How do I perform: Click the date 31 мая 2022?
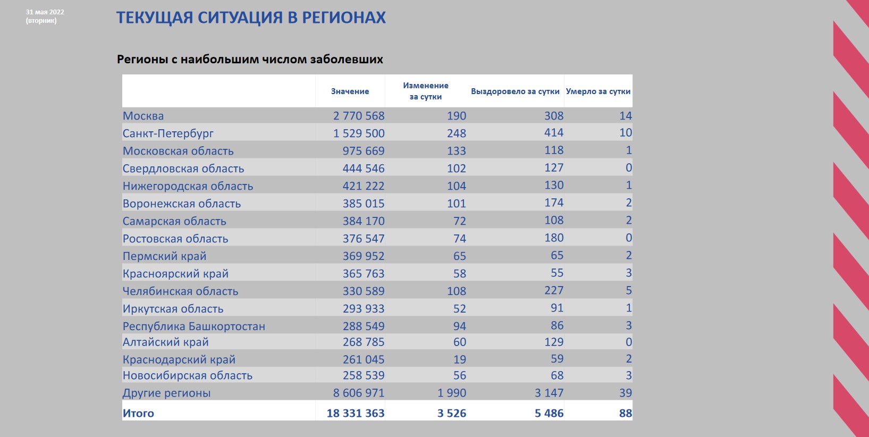pyautogui.click(x=45, y=12)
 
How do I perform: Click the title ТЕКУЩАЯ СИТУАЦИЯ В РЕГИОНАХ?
pyautogui.click(x=251, y=18)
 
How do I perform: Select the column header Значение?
pyautogui.click(x=350, y=91)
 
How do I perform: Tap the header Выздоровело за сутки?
pyautogui.click(x=515, y=91)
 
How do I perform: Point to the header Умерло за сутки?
pyautogui.click(x=598, y=91)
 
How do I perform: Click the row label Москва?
pyautogui.click(x=143, y=116)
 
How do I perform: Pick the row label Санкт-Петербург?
pyautogui.click(x=168, y=133)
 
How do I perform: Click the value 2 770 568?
pyautogui.click(x=359, y=116)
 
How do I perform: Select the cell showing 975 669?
pyautogui.click(x=364, y=150)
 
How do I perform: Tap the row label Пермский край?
pyautogui.click(x=164, y=256)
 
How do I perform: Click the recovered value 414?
pyautogui.click(x=554, y=133)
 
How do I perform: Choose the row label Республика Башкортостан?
pyautogui.click(x=194, y=326)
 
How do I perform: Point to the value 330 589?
pyautogui.click(x=364, y=291)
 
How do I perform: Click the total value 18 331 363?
pyautogui.click(x=356, y=413)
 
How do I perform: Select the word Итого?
pyautogui.click(x=138, y=413)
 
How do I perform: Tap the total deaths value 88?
pyautogui.click(x=626, y=413)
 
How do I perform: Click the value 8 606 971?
pyautogui.click(x=359, y=393)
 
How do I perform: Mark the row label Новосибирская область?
pyautogui.click(x=188, y=375)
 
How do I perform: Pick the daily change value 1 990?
pyautogui.click(x=452, y=393)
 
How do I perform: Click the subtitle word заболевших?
pyautogui.click(x=347, y=59)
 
